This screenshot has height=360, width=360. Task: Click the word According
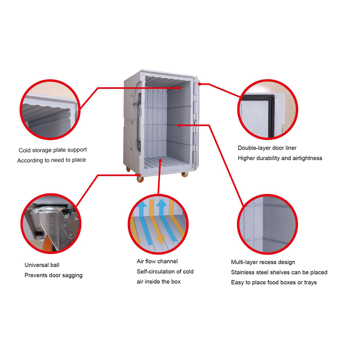click(x=31, y=160)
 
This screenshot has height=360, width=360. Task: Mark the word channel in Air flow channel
click(x=167, y=261)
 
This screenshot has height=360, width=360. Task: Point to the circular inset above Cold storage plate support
click(x=50, y=109)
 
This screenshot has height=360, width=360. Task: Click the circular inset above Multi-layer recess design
click(x=268, y=224)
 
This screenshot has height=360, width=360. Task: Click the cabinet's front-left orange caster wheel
click(x=140, y=180)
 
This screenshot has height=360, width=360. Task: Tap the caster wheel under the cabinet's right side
click(x=185, y=174)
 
